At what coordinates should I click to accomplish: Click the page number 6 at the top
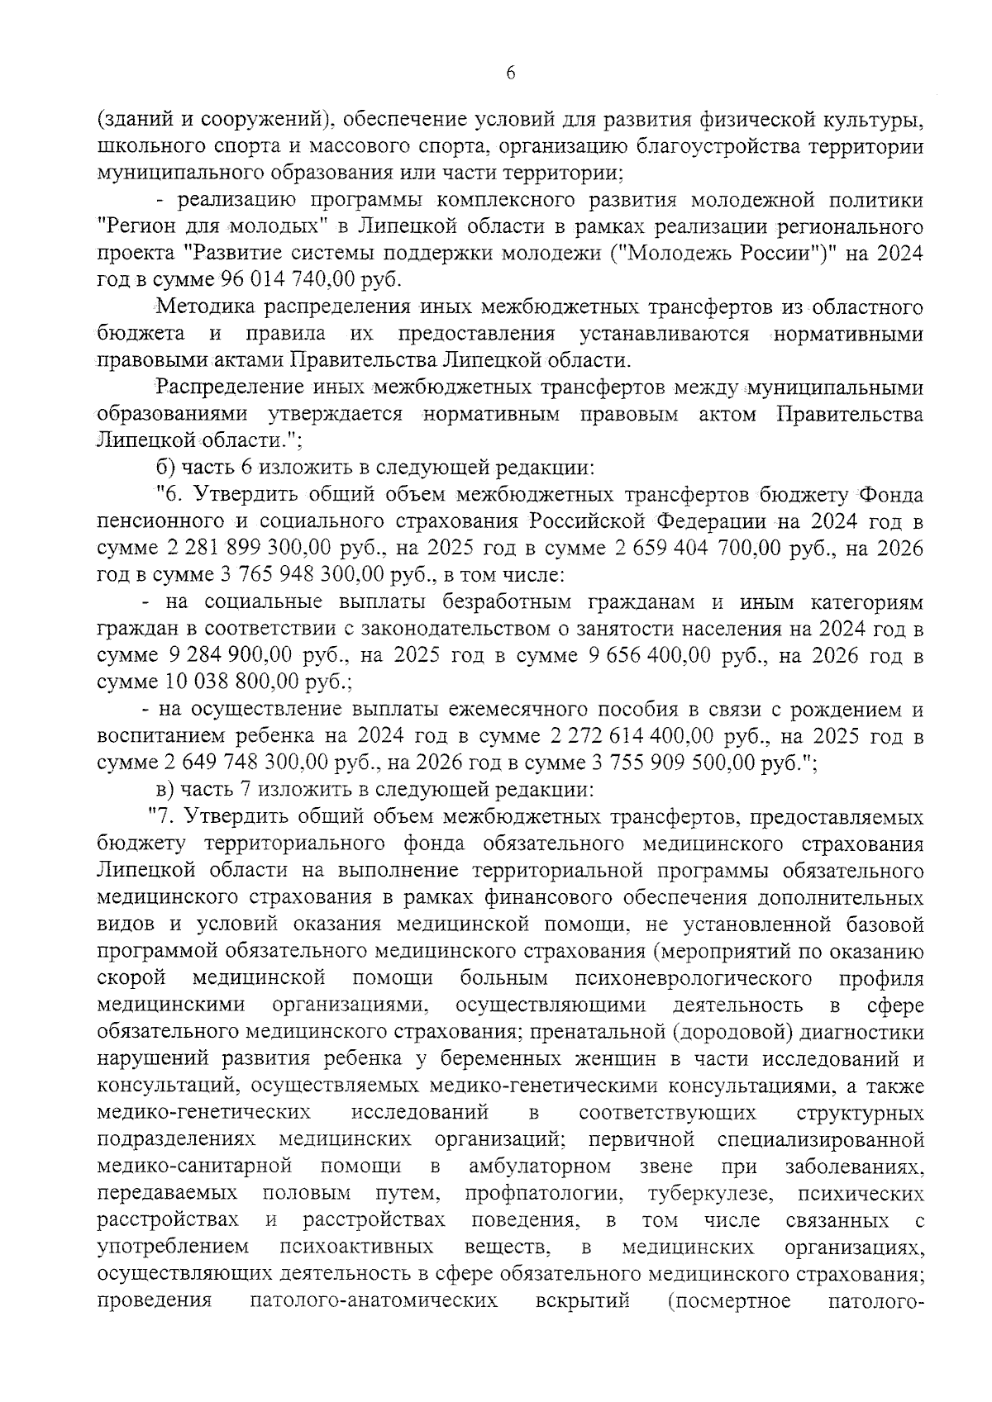coord(510,74)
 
